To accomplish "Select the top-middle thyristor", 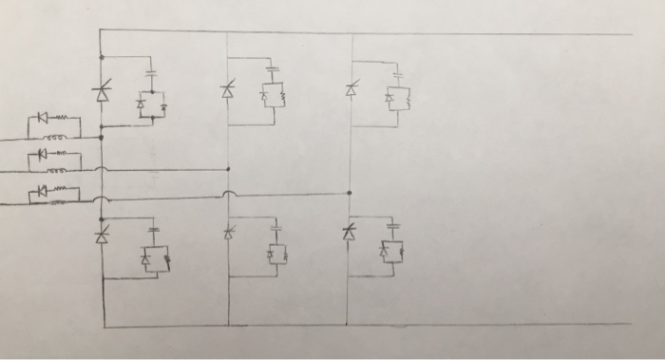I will click(x=227, y=91).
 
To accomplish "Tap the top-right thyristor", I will click(x=351, y=90).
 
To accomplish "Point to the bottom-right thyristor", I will click(x=350, y=232).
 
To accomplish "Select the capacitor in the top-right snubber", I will click(x=398, y=73).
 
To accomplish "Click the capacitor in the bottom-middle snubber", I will click(x=276, y=229).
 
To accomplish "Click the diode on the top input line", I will click(x=43, y=118).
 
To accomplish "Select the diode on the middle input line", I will click(x=41, y=153).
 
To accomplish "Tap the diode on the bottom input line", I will click(x=41, y=191).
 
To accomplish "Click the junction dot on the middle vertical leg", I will click(x=228, y=169).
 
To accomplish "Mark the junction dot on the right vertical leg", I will click(x=351, y=193).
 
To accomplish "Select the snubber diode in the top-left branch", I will click(x=142, y=101).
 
